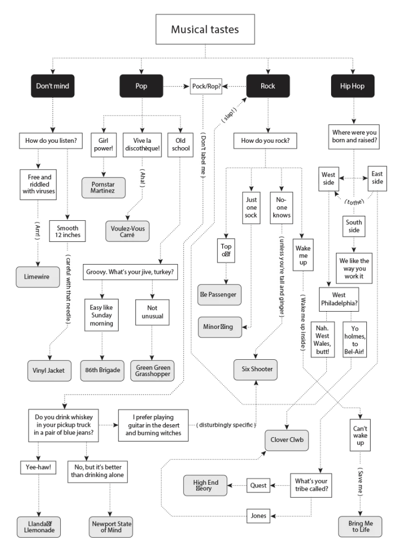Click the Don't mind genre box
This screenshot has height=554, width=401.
[x=53, y=86]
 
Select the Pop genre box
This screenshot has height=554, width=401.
[x=141, y=86]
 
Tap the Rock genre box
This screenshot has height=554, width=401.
[x=268, y=86]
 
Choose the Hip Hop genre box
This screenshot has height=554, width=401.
[x=352, y=86]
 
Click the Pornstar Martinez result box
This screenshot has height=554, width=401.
[x=102, y=188]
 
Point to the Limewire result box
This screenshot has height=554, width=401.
[x=37, y=276]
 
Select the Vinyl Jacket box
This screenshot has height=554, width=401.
[x=49, y=370]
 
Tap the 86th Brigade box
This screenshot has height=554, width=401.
[x=102, y=370]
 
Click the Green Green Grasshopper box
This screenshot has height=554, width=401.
[x=153, y=371]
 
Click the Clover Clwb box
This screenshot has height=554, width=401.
[x=287, y=440]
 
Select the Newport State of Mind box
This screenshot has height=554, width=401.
[x=112, y=527]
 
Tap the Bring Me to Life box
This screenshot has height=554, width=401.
[x=360, y=527]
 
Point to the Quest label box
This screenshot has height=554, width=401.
[x=258, y=485]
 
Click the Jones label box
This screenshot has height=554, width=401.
[x=258, y=516]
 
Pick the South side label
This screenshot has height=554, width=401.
[x=354, y=226]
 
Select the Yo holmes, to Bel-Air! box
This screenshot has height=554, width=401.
[x=355, y=340]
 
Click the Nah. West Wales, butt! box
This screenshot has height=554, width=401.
[x=322, y=340]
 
